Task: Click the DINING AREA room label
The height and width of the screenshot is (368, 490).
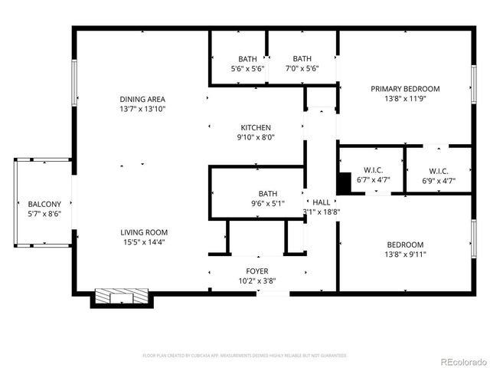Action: [x=142, y=99]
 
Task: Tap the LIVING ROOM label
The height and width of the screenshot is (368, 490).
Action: [x=143, y=232]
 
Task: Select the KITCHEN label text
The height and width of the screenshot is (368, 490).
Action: [x=256, y=127]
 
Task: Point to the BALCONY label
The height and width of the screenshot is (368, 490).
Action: [x=44, y=204]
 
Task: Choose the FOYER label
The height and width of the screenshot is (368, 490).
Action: [x=256, y=271]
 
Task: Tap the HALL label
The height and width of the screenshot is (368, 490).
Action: [x=322, y=202]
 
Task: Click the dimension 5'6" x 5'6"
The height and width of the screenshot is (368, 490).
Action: [x=247, y=68]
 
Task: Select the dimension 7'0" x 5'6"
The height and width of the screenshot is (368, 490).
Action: [x=302, y=68]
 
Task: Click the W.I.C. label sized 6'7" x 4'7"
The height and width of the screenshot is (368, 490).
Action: [x=373, y=171]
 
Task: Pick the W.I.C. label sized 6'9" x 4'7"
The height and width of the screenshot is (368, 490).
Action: [x=439, y=171]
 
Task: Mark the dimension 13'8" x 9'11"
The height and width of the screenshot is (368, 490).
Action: [x=405, y=255]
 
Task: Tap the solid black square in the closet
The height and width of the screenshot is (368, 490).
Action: [x=344, y=182]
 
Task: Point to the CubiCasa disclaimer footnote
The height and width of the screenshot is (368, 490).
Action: [x=245, y=356]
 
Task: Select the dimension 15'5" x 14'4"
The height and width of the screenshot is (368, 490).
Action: [x=143, y=242]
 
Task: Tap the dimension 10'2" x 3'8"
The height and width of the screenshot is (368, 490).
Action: [x=256, y=281]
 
